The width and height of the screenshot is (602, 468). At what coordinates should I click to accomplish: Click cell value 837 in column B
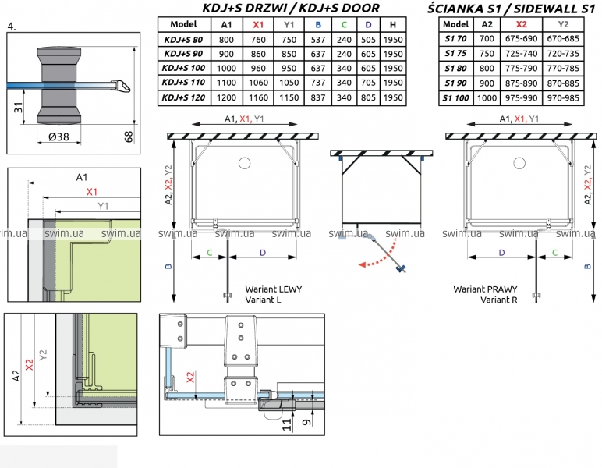click(x=317, y=97)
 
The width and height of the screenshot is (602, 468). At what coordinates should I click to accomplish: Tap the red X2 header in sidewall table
click(x=522, y=23)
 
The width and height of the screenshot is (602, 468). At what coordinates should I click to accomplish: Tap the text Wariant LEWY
click(x=273, y=289)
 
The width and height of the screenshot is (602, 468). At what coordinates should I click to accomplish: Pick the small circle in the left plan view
click(x=244, y=163)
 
